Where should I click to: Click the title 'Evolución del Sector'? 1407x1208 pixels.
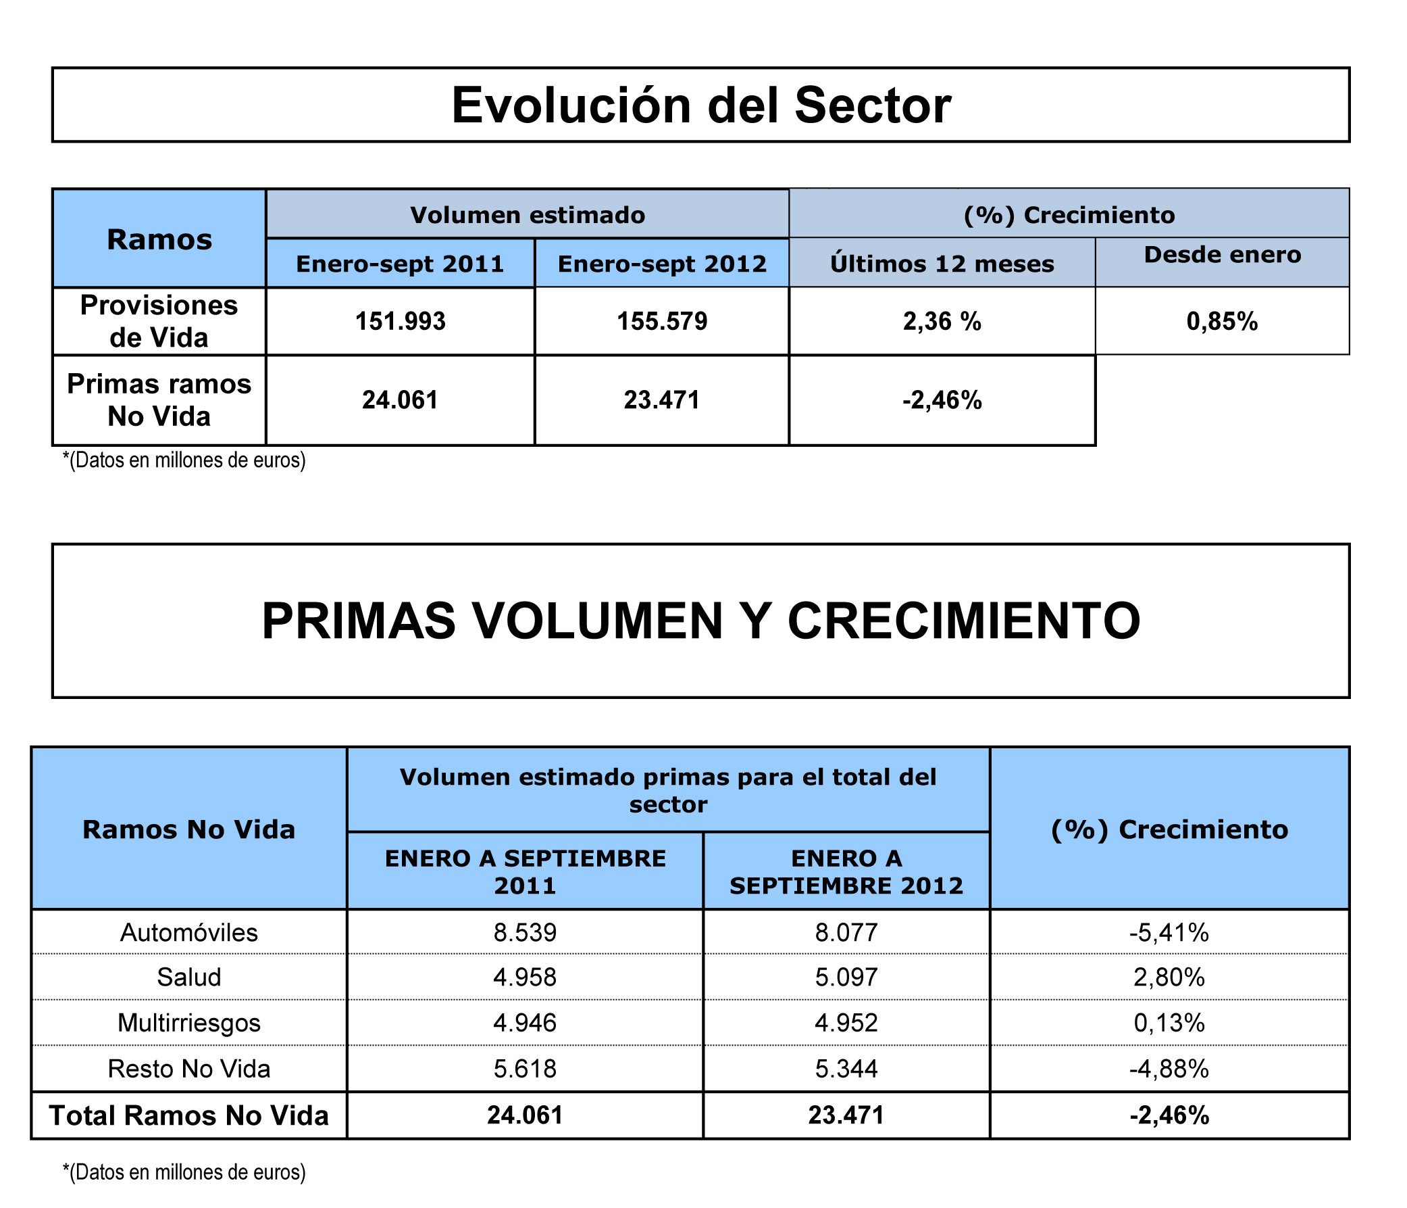click(700, 105)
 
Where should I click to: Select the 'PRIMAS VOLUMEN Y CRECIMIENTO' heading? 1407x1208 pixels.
click(700, 621)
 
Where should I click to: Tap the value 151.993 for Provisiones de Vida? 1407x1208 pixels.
click(401, 321)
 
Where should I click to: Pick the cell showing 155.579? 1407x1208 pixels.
click(662, 321)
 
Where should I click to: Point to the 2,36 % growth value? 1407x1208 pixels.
click(942, 321)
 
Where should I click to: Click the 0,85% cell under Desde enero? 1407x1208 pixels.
click(1223, 321)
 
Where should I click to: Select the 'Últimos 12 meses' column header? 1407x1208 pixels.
click(942, 264)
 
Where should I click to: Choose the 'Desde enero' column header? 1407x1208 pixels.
click(1223, 255)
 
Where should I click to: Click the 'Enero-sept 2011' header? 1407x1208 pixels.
click(401, 264)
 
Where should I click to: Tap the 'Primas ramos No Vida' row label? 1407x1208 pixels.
click(159, 400)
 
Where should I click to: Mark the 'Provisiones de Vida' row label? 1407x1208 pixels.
click(159, 321)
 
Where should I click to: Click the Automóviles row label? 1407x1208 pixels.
click(188, 933)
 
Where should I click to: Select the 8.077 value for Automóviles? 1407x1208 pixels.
click(846, 933)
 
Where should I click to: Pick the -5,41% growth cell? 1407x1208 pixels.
click(1169, 933)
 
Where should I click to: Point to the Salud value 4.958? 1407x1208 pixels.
click(525, 977)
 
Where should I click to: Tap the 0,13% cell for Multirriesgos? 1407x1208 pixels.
click(1169, 1023)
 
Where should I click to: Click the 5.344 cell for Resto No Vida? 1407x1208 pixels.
click(846, 1069)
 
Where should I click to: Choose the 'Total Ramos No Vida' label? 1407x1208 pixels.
click(188, 1115)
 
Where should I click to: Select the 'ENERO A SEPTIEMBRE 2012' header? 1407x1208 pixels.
click(846, 871)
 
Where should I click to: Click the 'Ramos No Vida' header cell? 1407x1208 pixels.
click(188, 829)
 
